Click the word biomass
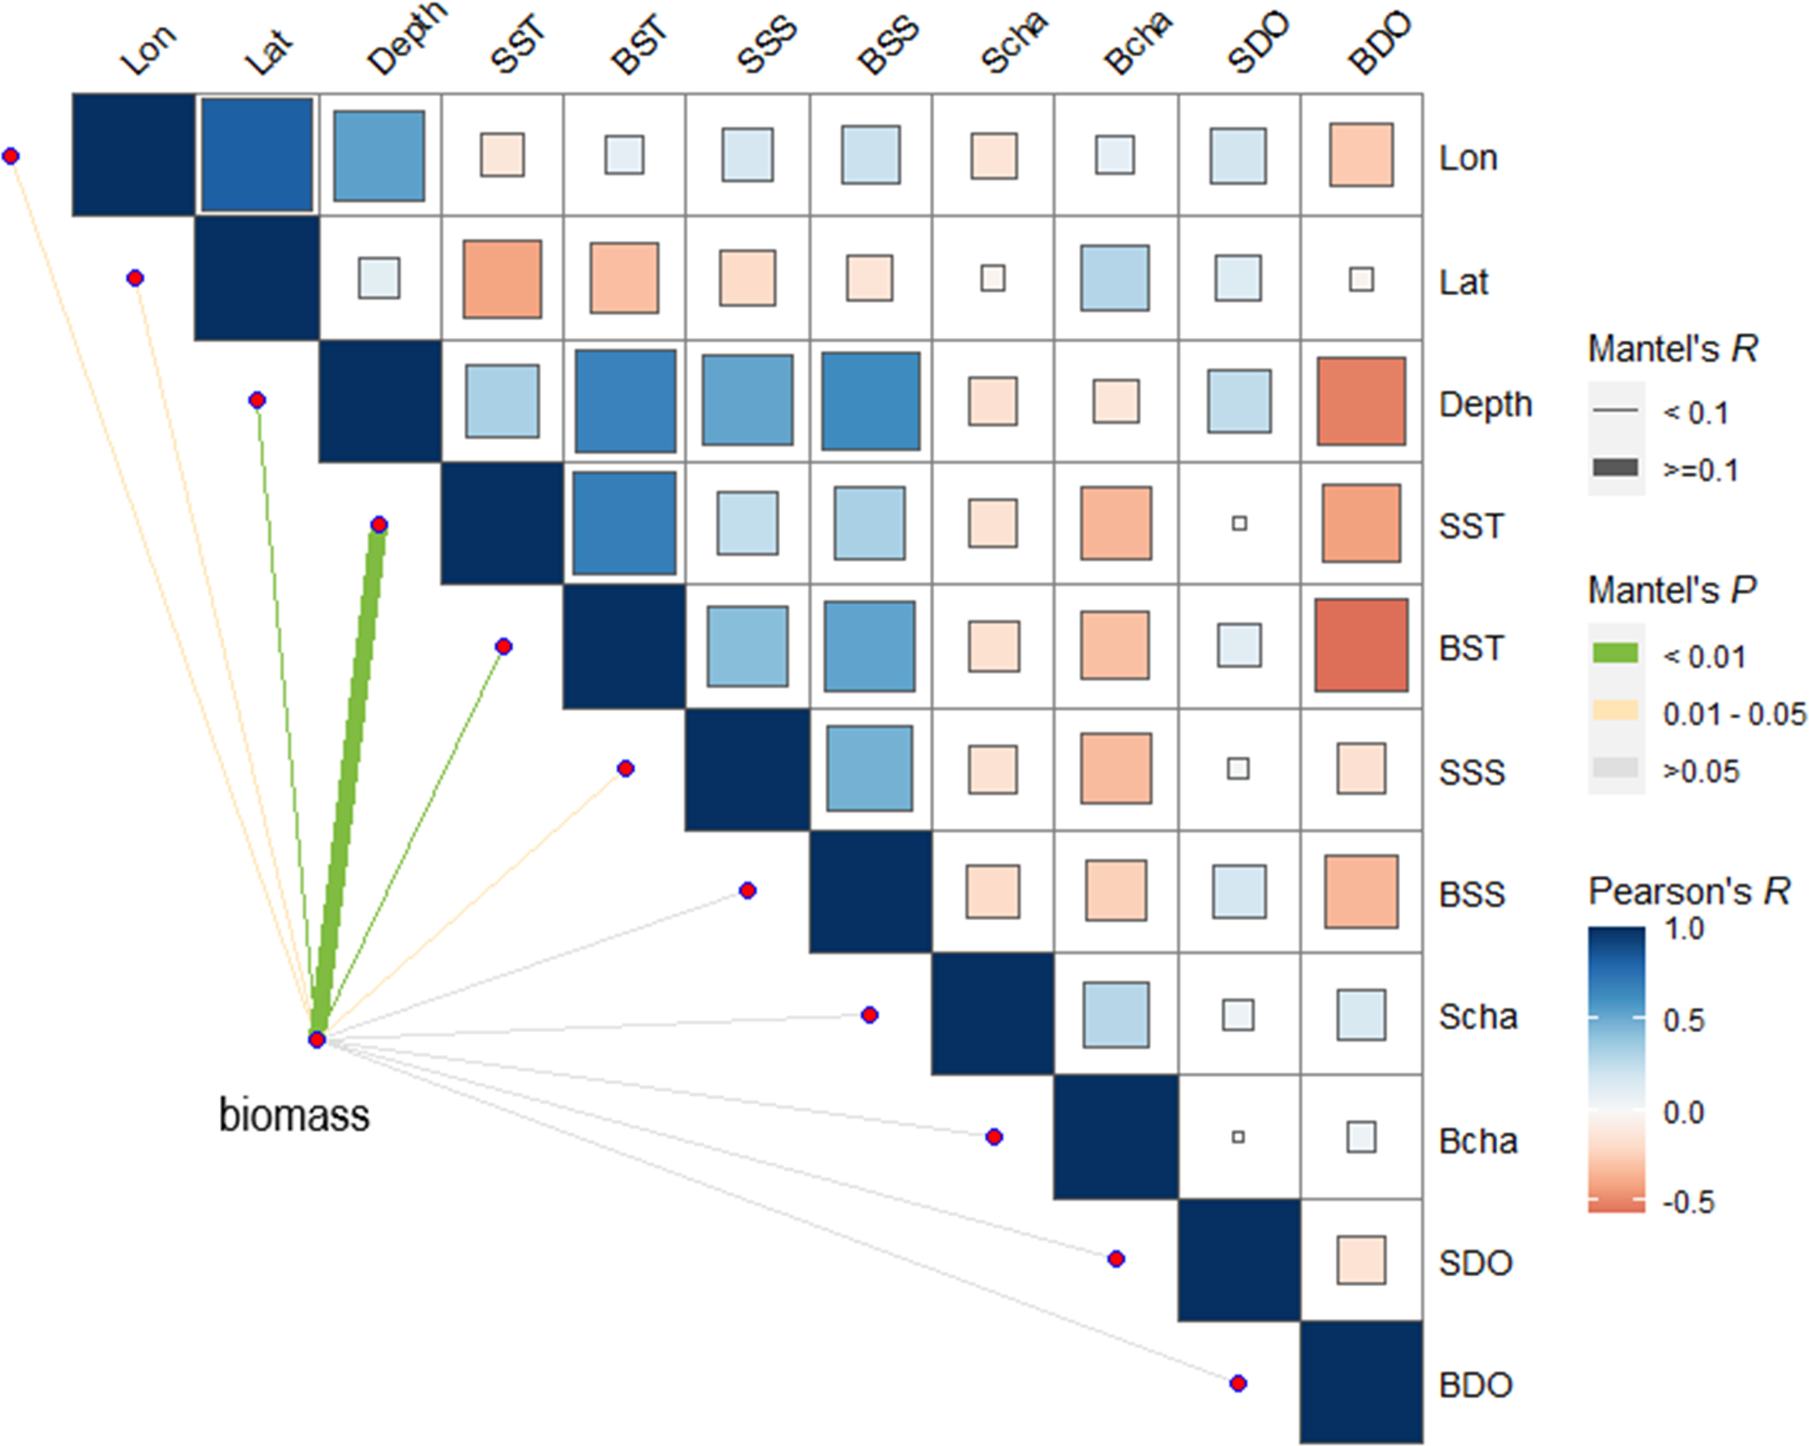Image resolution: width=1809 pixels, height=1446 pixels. point(294,1115)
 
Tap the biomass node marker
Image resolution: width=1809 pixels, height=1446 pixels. point(316,1040)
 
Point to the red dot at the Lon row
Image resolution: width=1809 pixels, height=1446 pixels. point(11,156)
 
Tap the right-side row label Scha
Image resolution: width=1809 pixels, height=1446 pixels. point(1478,1016)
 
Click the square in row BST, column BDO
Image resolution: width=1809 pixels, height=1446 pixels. point(1361,645)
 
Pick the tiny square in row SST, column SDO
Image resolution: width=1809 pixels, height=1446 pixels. point(1240,524)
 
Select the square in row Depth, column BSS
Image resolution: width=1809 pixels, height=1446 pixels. point(870,401)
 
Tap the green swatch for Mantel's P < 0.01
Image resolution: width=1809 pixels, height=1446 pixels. point(1615,653)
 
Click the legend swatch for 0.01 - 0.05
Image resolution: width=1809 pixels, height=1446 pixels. point(1615,711)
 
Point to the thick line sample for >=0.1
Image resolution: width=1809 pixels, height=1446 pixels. point(1615,468)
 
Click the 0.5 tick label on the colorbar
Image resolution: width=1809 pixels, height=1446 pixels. point(1684,1020)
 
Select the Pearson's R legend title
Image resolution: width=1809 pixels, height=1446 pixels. point(1688,890)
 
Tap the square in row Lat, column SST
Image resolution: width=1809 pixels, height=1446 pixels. point(501,278)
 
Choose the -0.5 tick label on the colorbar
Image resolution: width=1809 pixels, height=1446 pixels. point(1688,1202)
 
